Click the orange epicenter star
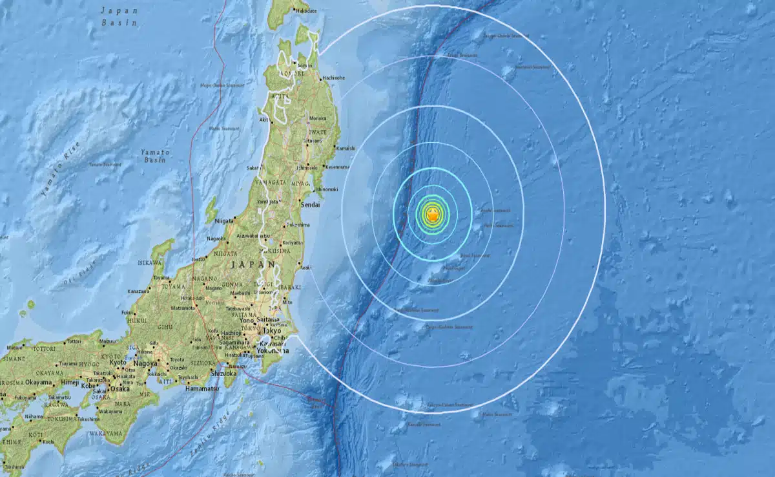point(433,217)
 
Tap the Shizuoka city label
point(226,372)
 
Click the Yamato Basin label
point(155,155)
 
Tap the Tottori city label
point(73,341)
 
